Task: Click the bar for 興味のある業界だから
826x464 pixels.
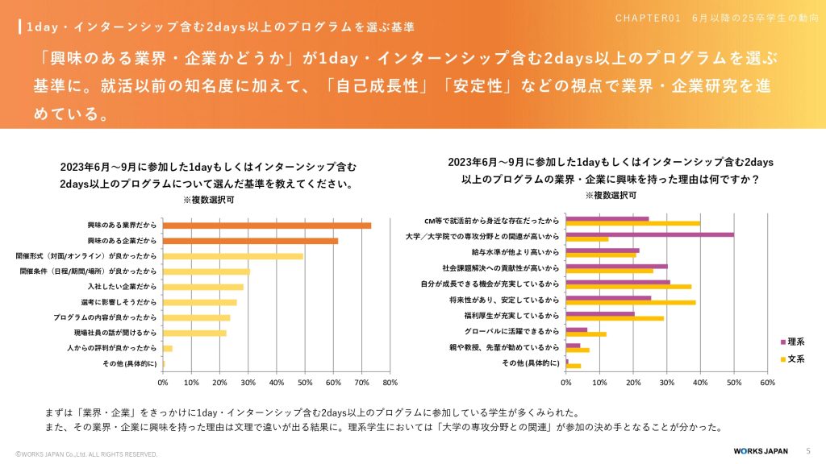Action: click(x=267, y=226)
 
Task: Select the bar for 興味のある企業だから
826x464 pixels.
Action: click(x=250, y=241)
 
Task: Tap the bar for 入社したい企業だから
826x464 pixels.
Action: click(x=202, y=287)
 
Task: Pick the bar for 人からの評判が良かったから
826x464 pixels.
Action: click(x=168, y=348)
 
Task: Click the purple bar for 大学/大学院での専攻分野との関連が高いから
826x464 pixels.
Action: click(x=649, y=234)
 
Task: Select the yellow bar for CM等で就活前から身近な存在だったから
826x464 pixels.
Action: click(x=632, y=223)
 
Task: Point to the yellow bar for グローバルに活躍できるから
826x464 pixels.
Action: click(x=586, y=334)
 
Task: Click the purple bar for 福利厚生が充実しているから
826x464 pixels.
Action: click(x=600, y=314)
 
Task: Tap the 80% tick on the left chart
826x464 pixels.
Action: click(x=390, y=383)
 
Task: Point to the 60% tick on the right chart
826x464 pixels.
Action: click(x=767, y=383)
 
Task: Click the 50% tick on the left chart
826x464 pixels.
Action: click(x=304, y=383)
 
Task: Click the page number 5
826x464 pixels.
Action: click(x=808, y=450)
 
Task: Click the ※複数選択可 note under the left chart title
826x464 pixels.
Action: click(x=209, y=199)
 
